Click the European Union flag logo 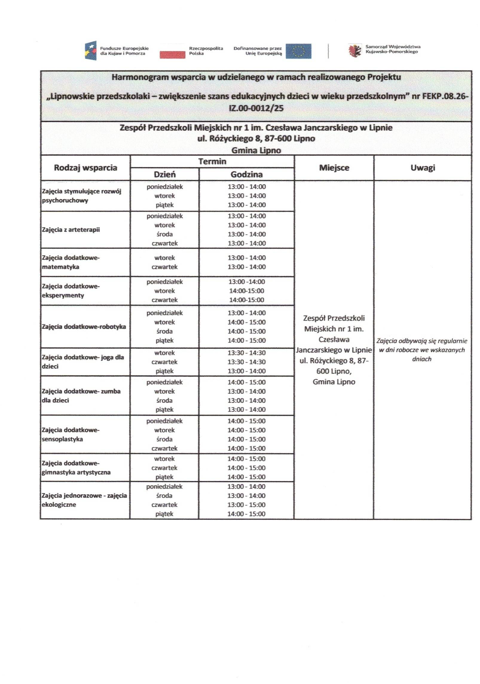[x=298, y=51]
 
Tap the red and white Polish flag [x=172, y=51]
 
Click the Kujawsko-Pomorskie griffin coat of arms [x=355, y=51]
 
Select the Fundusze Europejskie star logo [x=91, y=51]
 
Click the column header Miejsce [x=334, y=168]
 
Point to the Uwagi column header [x=422, y=168]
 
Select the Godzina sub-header [x=246, y=174]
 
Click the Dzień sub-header [x=164, y=174]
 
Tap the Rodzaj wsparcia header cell [x=85, y=168]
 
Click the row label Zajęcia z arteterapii [x=71, y=230]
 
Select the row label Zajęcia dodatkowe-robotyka [x=84, y=327]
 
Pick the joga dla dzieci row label [x=83, y=362]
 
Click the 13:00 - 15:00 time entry [x=246, y=505]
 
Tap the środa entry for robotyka [x=164, y=331]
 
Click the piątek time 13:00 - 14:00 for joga [x=246, y=371]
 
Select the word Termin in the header [x=212, y=162]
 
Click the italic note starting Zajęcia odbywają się [x=422, y=350]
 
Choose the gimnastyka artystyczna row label [x=76, y=468]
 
